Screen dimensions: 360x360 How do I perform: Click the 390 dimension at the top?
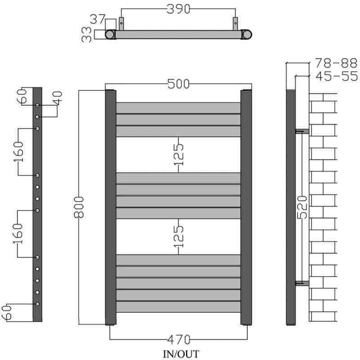coord(178,9)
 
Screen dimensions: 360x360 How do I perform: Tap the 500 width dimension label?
coord(178,84)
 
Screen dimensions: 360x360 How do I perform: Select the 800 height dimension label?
coord(79,207)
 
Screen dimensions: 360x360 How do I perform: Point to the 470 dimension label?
coord(179,340)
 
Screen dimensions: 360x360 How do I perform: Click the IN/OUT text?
coord(181,354)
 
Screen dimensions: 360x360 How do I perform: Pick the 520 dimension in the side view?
coord(302,207)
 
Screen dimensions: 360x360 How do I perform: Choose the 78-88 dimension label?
coord(336,63)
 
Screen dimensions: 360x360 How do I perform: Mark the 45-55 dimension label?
coord(337,76)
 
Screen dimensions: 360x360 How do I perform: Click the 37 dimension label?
coord(98,19)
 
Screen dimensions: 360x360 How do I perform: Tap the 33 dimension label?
coord(86,35)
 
